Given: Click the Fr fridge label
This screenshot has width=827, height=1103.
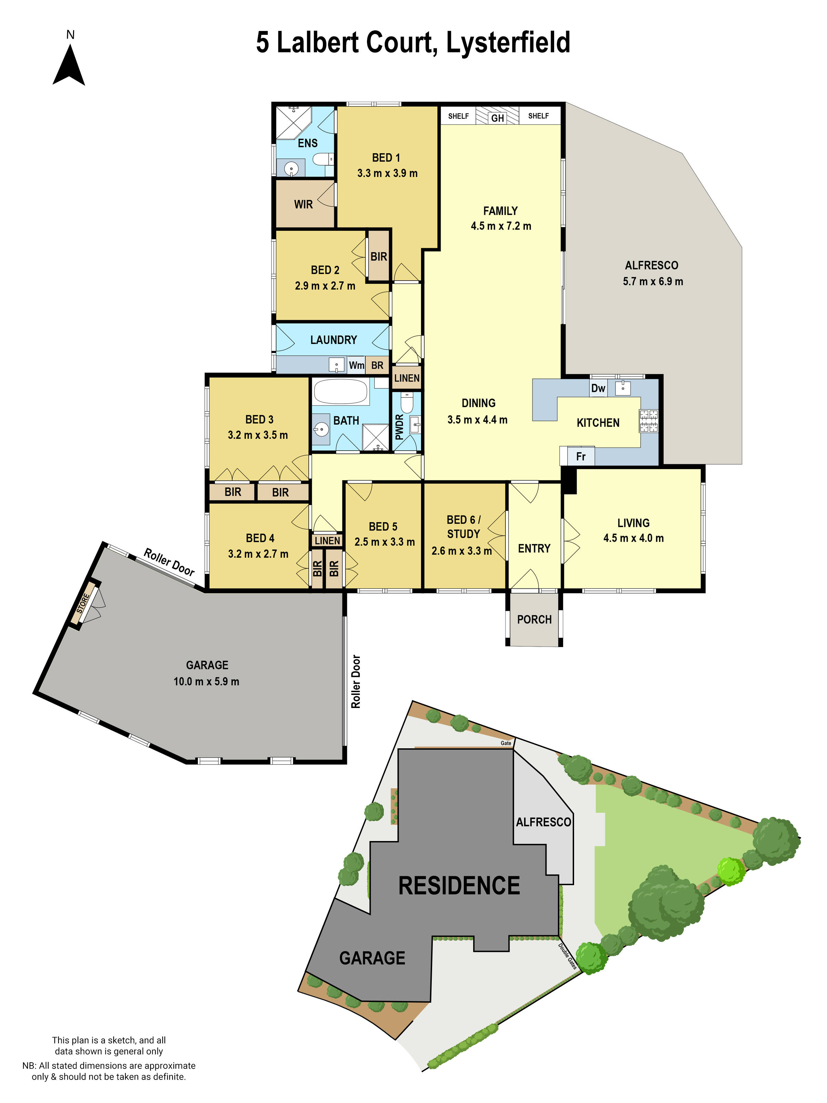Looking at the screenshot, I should [x=581, y=456].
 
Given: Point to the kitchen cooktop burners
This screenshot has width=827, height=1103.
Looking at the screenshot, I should [x=649, y=421].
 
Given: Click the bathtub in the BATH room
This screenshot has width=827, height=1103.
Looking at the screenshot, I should [x=341, y=392].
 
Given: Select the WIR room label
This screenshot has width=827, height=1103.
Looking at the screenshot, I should [x=303, y=204].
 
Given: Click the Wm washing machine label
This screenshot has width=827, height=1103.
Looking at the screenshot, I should [x=356, y=365].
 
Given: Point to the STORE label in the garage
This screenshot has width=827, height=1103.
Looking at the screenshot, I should [x=83, y=603].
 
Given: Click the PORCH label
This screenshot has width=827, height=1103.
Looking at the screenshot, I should [x=534, y=619].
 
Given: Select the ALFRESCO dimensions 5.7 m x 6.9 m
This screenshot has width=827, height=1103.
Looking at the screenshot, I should [x=653, y=281].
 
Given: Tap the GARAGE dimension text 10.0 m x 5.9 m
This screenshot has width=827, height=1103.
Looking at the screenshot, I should [x=206, y=681].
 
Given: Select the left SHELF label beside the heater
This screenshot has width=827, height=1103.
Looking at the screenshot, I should [x=458, y=116].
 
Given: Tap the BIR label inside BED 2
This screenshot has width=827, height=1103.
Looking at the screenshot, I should [x=378, y=256].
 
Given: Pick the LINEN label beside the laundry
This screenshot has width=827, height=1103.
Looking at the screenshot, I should [x=407, y=378].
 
